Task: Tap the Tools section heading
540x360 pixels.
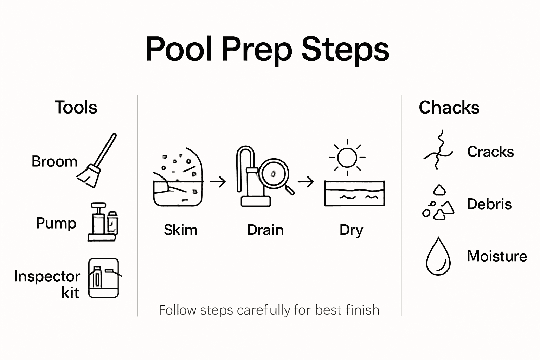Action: tap(76, 107)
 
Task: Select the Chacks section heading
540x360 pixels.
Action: tap(449, 107)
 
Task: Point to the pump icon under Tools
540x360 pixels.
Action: tap(103, 222)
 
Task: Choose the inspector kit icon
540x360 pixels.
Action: tap(104, 278)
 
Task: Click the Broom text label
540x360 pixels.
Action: tap(54, 161)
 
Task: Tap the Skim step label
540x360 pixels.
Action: tap(180, 230)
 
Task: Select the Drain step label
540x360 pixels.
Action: tap(265, 230)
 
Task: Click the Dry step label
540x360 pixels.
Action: tap(351, 230)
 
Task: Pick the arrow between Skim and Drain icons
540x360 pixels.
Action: tap(218, 182)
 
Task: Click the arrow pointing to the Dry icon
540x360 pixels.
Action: tap(306, 182)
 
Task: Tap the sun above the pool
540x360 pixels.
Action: tap(347, 157)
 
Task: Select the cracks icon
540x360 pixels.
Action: tap(438, 150)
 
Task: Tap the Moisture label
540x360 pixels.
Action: tap(497, 256)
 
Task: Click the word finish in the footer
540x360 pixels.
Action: tap(362, 310)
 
